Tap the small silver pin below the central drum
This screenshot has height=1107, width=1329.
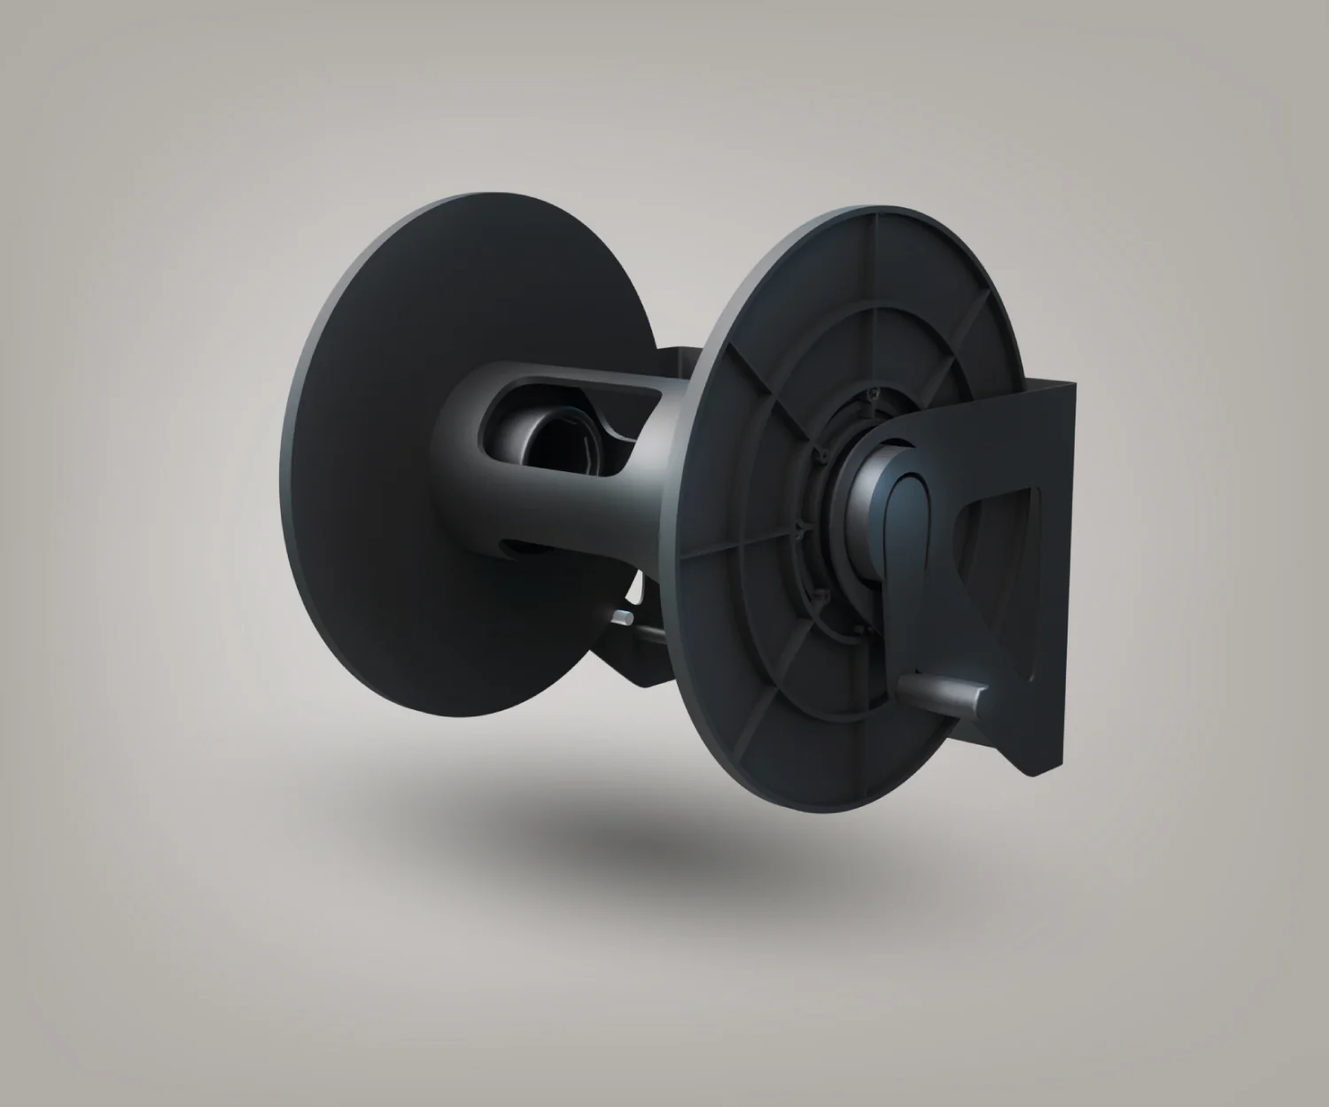[624, 616]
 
